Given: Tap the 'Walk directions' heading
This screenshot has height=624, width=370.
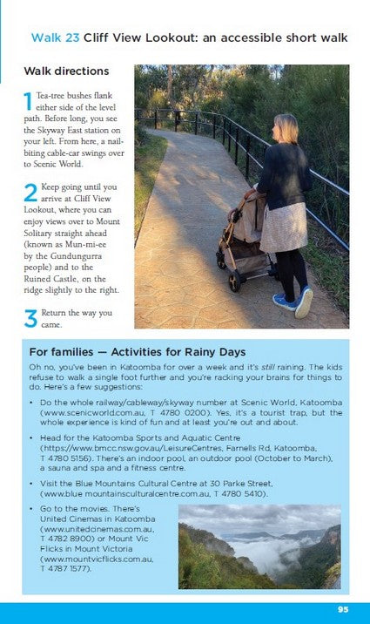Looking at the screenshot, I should pos(66,71).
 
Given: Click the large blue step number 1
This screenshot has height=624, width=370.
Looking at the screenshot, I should pos(29,102).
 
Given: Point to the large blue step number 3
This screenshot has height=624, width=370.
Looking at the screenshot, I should pos(30,318).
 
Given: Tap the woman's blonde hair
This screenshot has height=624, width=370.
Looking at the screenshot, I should pos(286,129).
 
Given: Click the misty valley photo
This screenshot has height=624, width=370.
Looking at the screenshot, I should pos(259,546).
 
